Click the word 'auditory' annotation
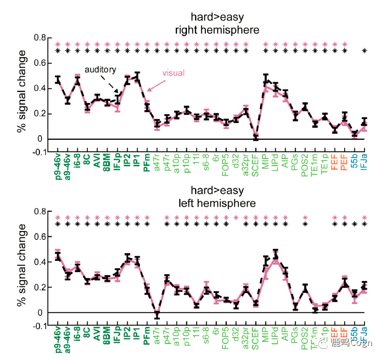100,69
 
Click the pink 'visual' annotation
173,74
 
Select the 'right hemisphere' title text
217,30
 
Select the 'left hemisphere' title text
217,203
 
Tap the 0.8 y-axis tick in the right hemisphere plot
39,38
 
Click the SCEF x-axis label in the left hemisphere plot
255,336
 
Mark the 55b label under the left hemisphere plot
355,334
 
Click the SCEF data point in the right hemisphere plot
256,137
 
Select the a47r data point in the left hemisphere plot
157,315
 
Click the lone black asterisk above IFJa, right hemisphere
365,50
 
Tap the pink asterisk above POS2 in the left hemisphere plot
305,218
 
